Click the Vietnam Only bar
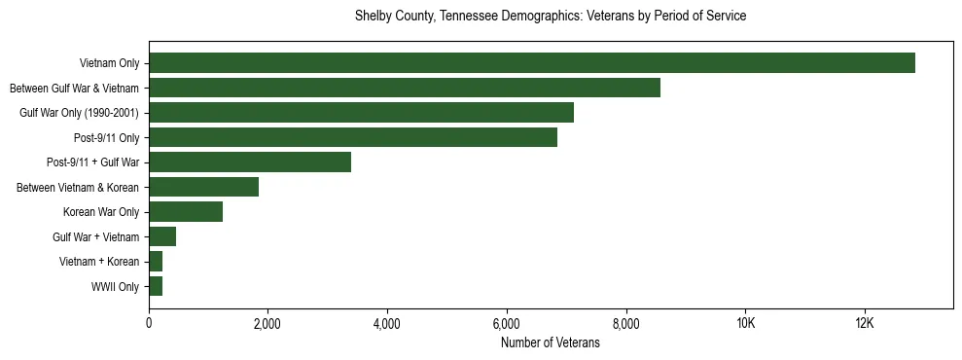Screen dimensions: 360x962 pyautogui.click(x=532, y=63)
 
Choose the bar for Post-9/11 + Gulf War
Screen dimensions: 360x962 pyautogui.click(x=250, y=162)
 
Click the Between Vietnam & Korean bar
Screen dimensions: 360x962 pyautogui.click(x=203, y=187)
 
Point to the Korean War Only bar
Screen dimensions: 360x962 pyautogui.click(x=186, y=212)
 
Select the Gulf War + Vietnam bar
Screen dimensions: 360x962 pyautogui.click(x=162, y=236)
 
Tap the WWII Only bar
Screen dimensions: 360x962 pyautogui.click(x=156, y=286)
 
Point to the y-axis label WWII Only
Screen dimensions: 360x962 pyautogui.click(x=115, y=287)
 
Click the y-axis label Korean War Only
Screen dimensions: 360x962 pyautogui.click(x=101, y=212)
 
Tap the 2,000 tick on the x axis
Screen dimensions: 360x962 pyautogui.click(x=267, y=323)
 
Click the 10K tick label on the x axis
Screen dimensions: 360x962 pyautogui.click(x=745, y=323)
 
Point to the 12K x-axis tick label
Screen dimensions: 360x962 pyautogui.click(x=865, y=323)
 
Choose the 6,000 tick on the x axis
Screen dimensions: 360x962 pyautogui.click(x=507, y=323)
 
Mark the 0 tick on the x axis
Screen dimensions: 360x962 pyautogui.click(x=149, y=323)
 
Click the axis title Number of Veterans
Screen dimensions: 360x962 pyautogui.click(x=550, y=342)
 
